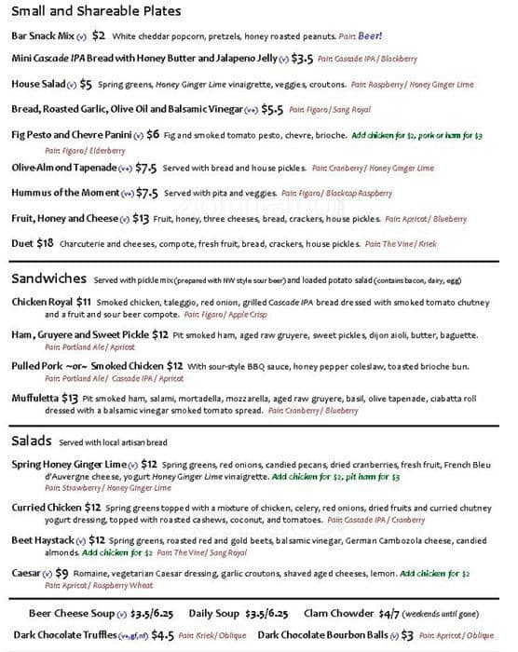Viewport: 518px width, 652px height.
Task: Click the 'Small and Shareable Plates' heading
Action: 97,12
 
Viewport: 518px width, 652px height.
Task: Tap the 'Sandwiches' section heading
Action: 49,279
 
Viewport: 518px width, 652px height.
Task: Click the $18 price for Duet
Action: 45,243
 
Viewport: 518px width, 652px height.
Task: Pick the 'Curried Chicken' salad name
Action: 46,508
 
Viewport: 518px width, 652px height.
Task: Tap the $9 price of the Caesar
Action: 62,573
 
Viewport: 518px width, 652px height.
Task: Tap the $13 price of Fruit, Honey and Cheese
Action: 141,219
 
